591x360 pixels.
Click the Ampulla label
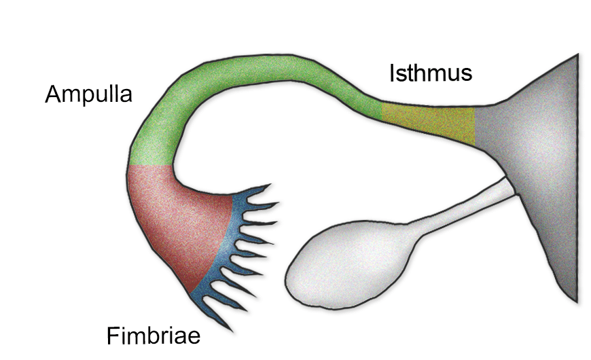pos(88,94)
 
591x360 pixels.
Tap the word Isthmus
pos(431,72)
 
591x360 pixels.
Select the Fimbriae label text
pos(154,336)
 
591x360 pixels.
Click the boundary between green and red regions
pos(150,166)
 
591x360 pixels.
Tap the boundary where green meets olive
pos(382,113)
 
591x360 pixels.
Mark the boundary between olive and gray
pos(475,123)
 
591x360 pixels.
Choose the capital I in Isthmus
pos(393,72)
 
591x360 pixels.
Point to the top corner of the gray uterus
pos(577,54)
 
